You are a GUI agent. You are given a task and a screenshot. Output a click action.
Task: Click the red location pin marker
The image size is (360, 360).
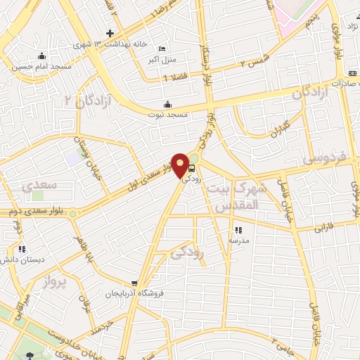(181, 165)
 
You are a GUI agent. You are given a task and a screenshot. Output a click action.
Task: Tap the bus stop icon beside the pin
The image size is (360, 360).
(192, 168)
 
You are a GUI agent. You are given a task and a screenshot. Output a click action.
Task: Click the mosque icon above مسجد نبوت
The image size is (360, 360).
(167, 105)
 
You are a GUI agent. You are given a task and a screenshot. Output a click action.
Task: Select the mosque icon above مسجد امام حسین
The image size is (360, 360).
(42, 57)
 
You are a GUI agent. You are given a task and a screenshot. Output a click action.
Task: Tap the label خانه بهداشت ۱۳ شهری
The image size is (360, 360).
(112, 44)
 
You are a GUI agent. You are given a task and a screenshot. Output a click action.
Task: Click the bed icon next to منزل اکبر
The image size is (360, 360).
(163, 49)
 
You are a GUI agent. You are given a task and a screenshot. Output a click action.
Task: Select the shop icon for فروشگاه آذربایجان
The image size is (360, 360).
(134, 284)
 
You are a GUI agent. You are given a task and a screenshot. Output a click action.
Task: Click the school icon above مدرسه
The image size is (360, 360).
(238, 230)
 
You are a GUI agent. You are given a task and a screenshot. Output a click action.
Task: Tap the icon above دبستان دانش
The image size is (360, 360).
(22, 249)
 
